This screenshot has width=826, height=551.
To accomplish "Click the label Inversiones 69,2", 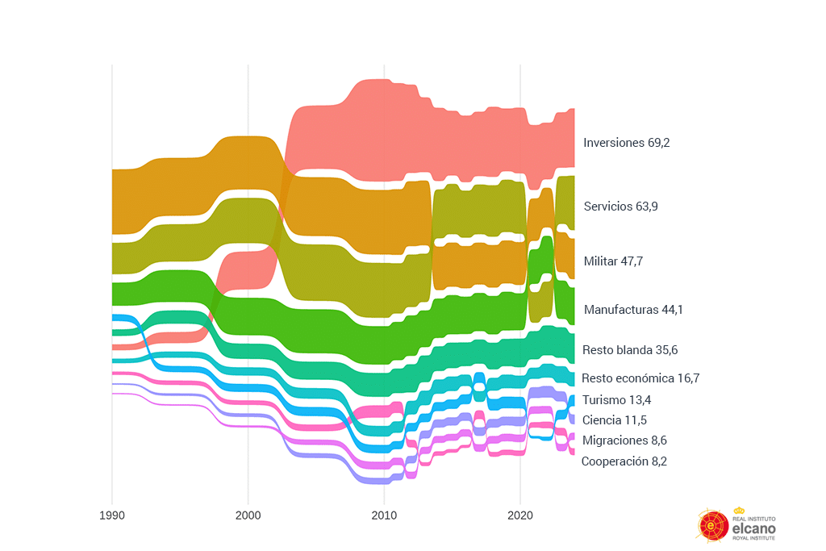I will coord(627,142).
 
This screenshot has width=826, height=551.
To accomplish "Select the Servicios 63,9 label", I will coord(620,207).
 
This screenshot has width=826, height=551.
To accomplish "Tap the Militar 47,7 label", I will coord(613,261).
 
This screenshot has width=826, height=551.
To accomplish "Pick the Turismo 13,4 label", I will coord(617,400).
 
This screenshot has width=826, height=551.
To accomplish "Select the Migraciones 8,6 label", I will coord(624,440).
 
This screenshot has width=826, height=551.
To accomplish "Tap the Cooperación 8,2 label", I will coord(624,461).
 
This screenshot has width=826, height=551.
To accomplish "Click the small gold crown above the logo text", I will coord(739,510).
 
